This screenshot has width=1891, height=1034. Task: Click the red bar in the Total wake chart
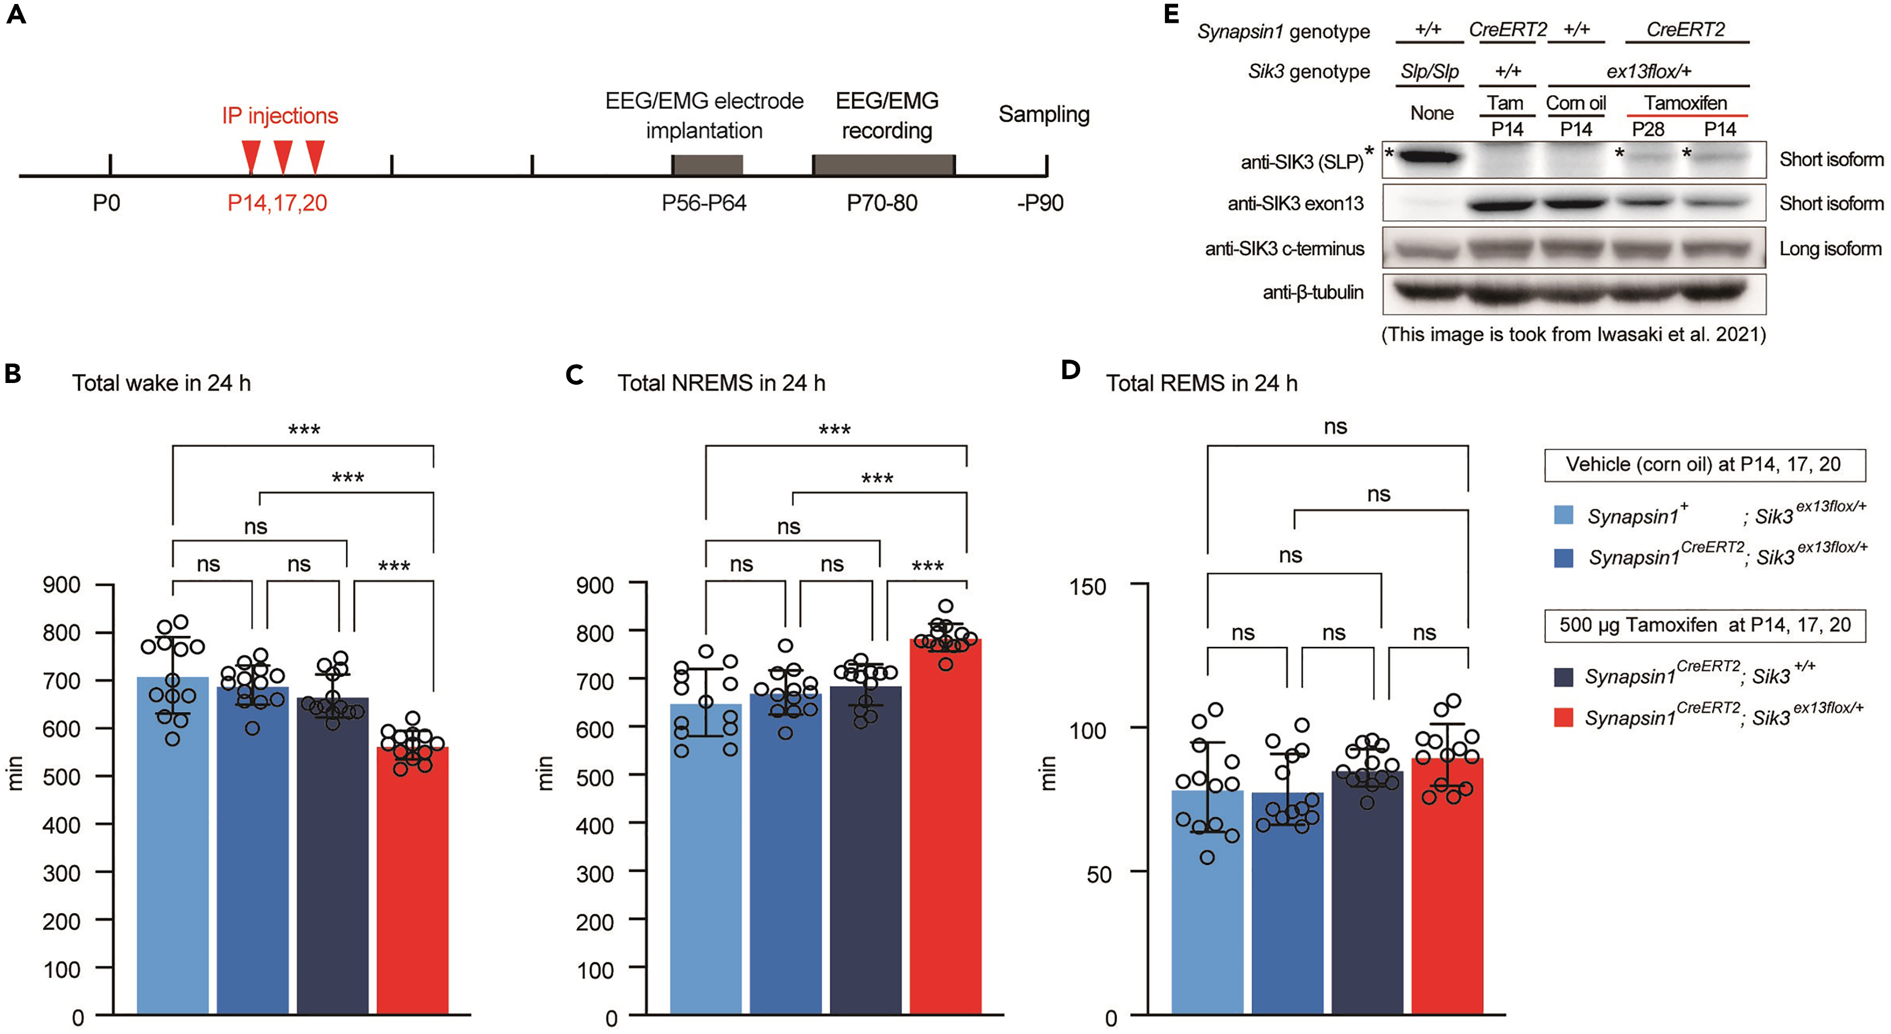click(x=413, y=880)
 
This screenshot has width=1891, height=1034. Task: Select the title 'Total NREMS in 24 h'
click(x=721, y=383)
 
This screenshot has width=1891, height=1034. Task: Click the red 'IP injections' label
click(x=280, y=116)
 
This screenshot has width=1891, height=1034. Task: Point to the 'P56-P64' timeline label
click(x=703, y=203)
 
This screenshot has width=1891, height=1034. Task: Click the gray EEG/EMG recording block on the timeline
click(x=883, y=165)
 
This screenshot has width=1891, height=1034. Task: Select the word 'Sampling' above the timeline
click(x=1043, y=114)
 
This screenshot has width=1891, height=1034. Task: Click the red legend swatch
click(x=1564, y=717)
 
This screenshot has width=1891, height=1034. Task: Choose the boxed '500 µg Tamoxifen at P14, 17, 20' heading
click(x=1705, y=625)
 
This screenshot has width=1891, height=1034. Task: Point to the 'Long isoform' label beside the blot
click(x=1830, y=249)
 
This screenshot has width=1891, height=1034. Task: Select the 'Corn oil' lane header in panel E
click(x=1576, y=104)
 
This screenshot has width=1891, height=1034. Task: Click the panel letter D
click(x=1070, y=370)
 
